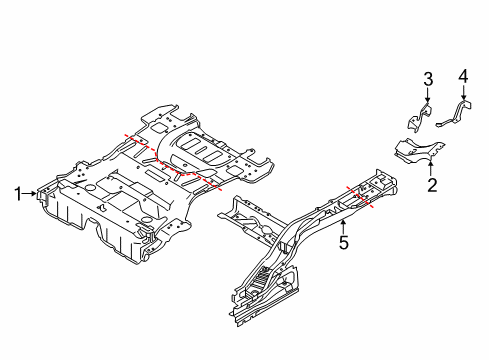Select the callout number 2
[x=431, y=184]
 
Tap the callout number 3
[x=426, y=79]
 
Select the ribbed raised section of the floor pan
[x=200, y=150]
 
